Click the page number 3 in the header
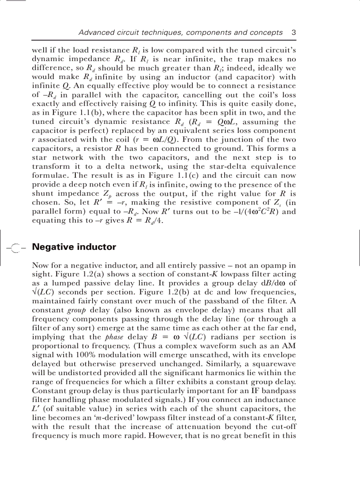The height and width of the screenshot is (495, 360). coord(293,33)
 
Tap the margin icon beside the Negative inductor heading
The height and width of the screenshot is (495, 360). coord(16,248)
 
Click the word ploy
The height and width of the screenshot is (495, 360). coord(157,86)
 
